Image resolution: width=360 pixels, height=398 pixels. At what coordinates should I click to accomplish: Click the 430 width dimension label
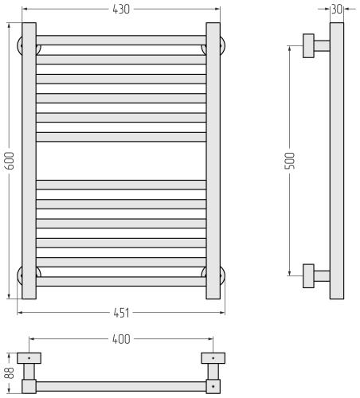pos(120,9)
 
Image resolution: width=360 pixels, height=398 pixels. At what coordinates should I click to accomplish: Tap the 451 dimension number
pos(120,311)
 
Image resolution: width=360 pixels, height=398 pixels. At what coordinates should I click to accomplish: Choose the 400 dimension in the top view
pos(120,339)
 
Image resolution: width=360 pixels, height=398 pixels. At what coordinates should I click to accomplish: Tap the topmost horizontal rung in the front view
pos(120,40)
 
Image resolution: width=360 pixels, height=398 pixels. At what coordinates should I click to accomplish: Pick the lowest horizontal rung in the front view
pos(120,281)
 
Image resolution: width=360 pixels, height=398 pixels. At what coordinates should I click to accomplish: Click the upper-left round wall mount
pos(19,45)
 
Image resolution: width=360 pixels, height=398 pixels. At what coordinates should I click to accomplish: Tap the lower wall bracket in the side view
pos(314,275)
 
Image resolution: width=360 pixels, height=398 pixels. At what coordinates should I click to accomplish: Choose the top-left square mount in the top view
pos(29,357)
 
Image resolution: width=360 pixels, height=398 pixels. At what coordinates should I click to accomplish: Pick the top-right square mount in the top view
pos(213,357)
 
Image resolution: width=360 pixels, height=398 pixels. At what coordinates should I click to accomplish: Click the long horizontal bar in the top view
pos(120,386)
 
